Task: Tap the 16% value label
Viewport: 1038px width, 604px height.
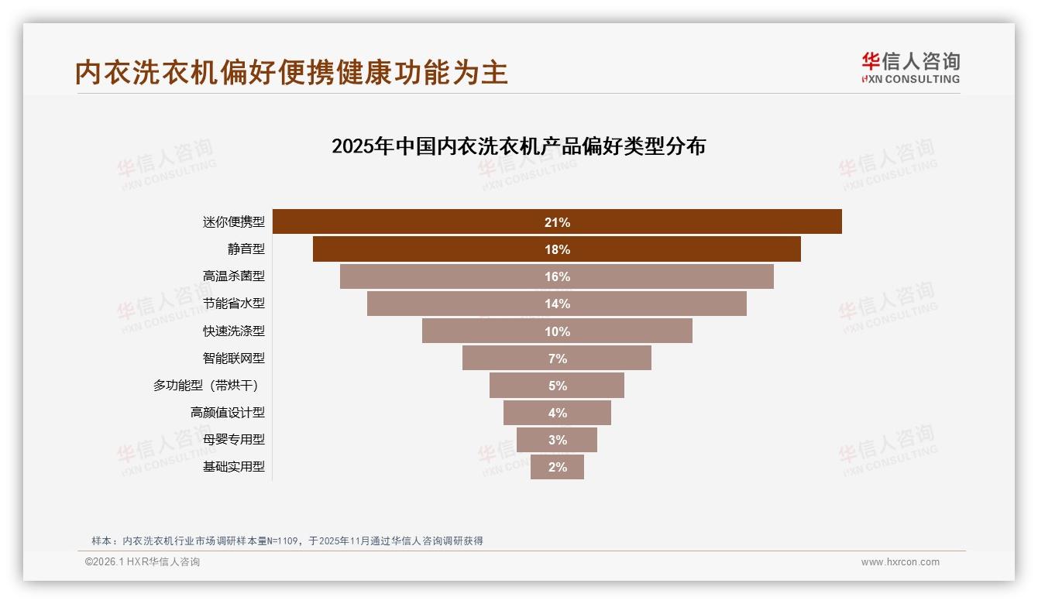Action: pos(557,276)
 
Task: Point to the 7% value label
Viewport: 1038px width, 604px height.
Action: pos(557,359)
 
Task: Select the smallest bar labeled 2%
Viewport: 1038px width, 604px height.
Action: pos(557,467)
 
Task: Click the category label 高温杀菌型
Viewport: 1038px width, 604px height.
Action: pos(233,276)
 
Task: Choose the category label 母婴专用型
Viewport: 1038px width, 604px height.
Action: pos(233,439)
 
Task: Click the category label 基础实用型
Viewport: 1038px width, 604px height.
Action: pos(233,467)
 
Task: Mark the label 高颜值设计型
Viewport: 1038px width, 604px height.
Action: pos(227,413)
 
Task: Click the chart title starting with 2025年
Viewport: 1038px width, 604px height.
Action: pos(518,146)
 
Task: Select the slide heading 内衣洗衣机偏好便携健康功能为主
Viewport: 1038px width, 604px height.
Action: pos(291,72)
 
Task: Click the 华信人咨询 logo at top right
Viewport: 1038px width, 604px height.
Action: pos(910,67)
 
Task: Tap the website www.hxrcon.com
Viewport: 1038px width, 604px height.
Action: pos(900,562)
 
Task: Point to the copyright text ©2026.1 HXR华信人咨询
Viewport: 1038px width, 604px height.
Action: pos(143,562)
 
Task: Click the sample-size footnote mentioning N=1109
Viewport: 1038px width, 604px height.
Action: pos(287,541)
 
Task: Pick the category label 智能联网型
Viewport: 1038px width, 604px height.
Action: pos(233,359)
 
